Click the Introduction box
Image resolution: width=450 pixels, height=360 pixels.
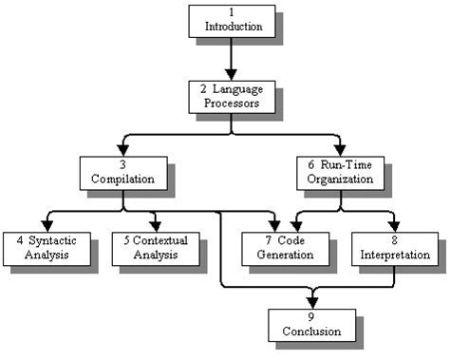232,21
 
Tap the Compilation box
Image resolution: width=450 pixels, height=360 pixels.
122,171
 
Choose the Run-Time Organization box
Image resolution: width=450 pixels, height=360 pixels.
340,171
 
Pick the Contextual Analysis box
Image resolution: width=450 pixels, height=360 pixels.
155,247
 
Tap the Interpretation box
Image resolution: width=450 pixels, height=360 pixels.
395,247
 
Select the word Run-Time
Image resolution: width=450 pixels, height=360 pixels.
346,163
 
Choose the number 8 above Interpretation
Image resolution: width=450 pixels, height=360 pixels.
395,239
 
